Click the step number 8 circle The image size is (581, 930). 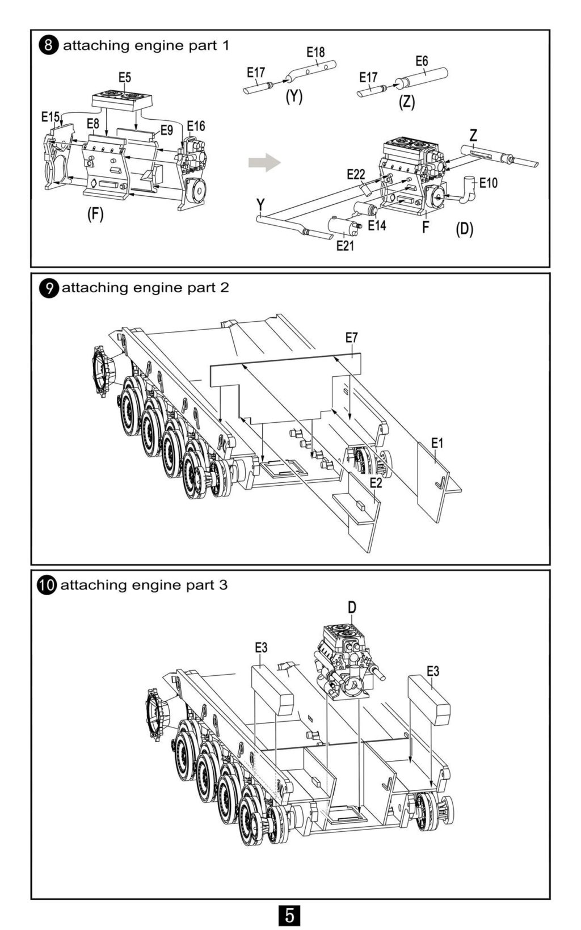[x=49, y=45]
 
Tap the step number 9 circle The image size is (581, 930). [x=49, y=287]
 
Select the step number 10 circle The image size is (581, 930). [x=47, y=585]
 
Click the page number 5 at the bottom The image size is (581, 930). [x=289, y=915]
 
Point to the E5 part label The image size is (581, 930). [x=125, y=77]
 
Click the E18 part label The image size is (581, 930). [x=315, y=52]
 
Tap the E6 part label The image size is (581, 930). [x=422, y=61]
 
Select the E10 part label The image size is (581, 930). [x=489, y=183]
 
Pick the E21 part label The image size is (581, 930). [x=345, y=246]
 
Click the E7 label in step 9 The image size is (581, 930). [x=351, y=338]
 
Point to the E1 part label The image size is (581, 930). [x=437, y=443]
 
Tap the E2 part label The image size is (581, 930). [x=376, y=483]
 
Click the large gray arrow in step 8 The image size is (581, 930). [x=264, y=162]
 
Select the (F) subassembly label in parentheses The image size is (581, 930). [x=95, y=214]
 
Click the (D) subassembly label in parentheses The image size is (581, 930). [x=464, y=230]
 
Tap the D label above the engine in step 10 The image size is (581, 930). [x=352, y=607]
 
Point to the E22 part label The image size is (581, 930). [x=356, y=174]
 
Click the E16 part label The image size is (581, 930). [x=196, y=126]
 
